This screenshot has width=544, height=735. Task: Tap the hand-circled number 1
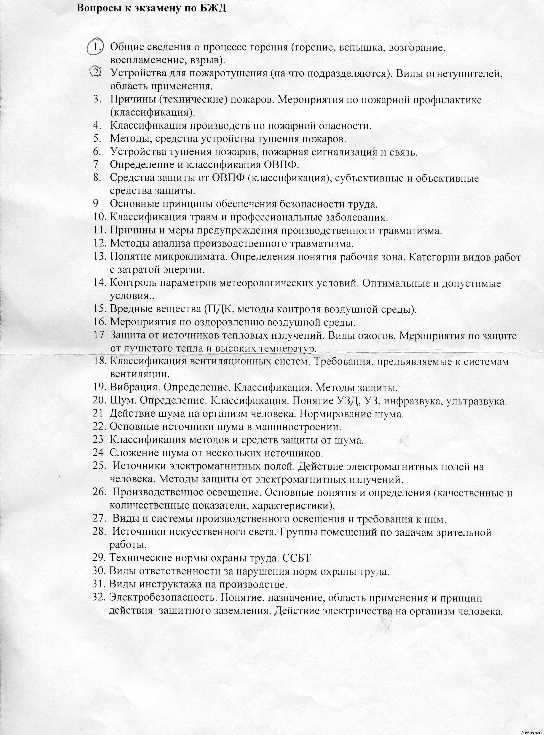96,47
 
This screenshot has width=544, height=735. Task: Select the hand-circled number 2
96,72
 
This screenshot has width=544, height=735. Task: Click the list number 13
100,257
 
